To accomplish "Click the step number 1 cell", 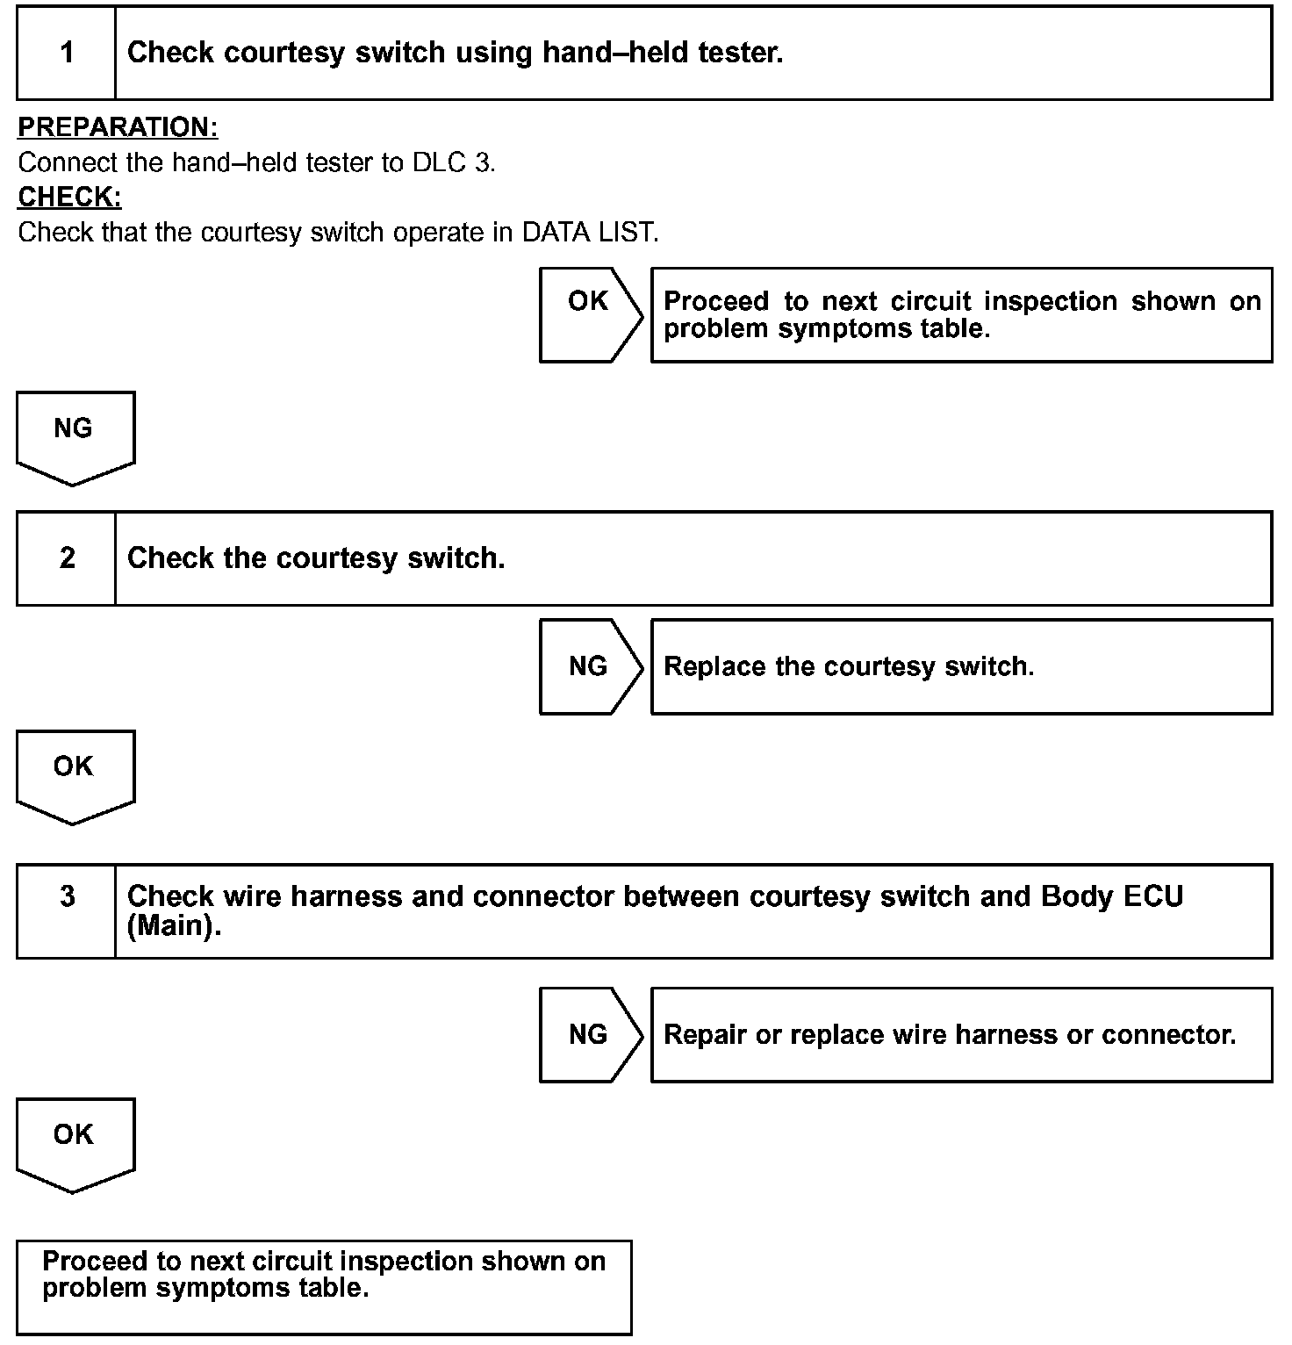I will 67,53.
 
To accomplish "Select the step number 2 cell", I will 67,558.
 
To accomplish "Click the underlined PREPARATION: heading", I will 118,127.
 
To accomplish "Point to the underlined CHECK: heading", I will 69,198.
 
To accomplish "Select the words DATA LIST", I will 590,233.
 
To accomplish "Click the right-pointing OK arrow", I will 589,313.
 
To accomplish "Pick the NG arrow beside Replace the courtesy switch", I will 589,666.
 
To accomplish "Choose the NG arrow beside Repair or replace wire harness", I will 589,1034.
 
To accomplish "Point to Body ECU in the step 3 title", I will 1112,896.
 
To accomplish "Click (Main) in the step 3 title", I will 174,927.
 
